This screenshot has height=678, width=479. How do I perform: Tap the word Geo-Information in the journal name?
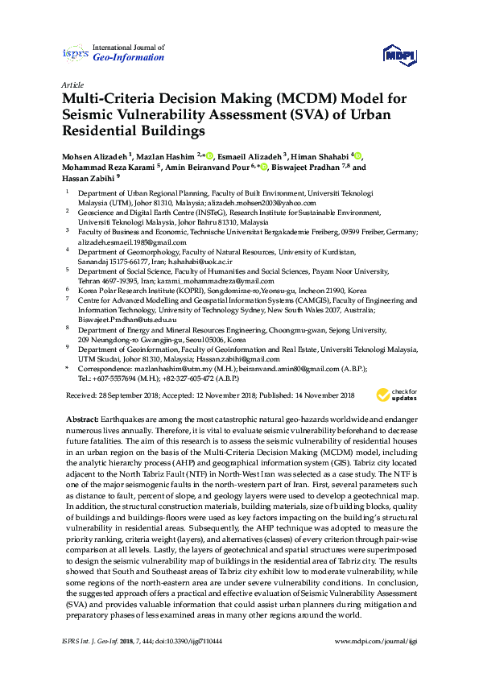click(129, 58)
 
